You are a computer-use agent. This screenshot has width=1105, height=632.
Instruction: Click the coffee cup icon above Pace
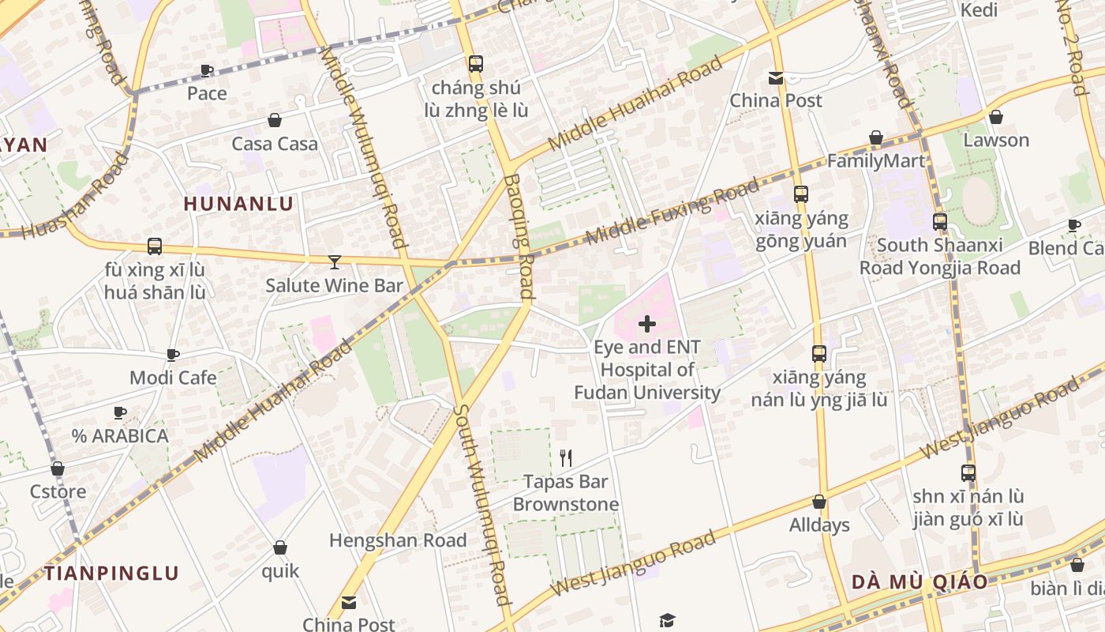point(207,70)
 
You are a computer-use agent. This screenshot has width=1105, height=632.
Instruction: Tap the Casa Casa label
point(275,144)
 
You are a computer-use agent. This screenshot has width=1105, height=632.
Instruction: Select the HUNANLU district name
point(238,204)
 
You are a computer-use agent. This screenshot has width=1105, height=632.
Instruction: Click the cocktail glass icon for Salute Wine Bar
point(335,261)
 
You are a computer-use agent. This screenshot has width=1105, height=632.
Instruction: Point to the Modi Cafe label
point(173,378)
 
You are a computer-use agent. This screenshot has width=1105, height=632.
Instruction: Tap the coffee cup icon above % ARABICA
point(120,412)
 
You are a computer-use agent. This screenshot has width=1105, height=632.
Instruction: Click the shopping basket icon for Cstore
point(58,468)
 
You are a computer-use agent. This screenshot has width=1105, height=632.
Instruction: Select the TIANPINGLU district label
point(111,573)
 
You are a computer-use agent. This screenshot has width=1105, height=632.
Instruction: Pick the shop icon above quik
point(280,547)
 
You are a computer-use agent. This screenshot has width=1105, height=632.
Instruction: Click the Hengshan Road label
point(398,540)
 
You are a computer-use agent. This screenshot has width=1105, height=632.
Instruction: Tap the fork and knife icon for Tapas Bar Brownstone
point(565,457)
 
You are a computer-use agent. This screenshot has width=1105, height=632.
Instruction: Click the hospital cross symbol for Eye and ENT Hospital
point(646,324)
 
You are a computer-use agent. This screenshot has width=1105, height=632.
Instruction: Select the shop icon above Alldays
point(819,502)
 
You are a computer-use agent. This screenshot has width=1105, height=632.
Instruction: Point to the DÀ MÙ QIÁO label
point(920,582)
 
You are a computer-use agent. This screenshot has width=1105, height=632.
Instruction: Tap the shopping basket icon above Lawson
point(996,117)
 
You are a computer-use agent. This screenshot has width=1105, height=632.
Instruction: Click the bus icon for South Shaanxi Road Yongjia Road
point(939,222)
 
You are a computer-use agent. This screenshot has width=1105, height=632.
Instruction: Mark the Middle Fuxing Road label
point(672,212)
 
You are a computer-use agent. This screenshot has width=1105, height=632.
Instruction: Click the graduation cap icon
point(668,619)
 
